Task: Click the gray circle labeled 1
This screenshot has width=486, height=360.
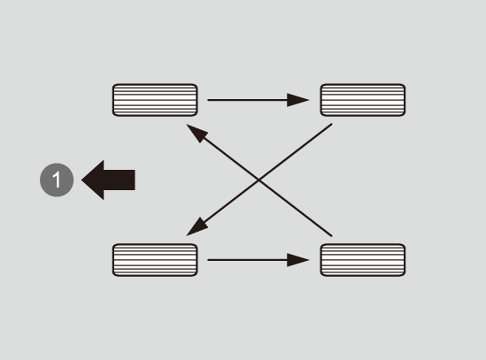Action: coord(57,180)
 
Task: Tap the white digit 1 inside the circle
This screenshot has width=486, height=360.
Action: coord(57,180)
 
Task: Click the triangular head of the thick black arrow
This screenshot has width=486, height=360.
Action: coord(93,180)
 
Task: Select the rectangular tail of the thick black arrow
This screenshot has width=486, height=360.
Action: coord(120,180)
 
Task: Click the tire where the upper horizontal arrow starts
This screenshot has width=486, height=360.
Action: coord(155,100)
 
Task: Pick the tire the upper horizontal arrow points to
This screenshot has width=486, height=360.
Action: coord(363,100)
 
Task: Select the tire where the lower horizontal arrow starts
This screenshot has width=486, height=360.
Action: coord(155,260)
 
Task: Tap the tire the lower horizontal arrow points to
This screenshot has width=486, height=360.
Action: coord(363,260)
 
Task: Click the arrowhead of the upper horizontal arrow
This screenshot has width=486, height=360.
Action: coord(297,100)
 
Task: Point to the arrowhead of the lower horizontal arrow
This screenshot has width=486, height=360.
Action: coord(297,260)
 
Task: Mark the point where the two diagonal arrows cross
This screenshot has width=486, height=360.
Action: coord(259,180)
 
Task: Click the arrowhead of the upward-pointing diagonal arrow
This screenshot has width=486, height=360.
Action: coord(196,132)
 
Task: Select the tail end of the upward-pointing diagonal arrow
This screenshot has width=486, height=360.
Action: coord(332,236)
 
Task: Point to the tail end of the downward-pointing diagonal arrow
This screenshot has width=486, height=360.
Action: coord(332,124)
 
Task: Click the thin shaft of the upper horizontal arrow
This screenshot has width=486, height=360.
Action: coord(248,100)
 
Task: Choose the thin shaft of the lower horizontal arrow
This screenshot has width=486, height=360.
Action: coord(248,260)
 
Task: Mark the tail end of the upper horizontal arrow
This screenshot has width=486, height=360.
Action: coord(208,100)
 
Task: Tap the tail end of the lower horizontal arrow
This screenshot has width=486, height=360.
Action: coord(208,260)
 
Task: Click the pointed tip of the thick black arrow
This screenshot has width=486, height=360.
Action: coord(81,180)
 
